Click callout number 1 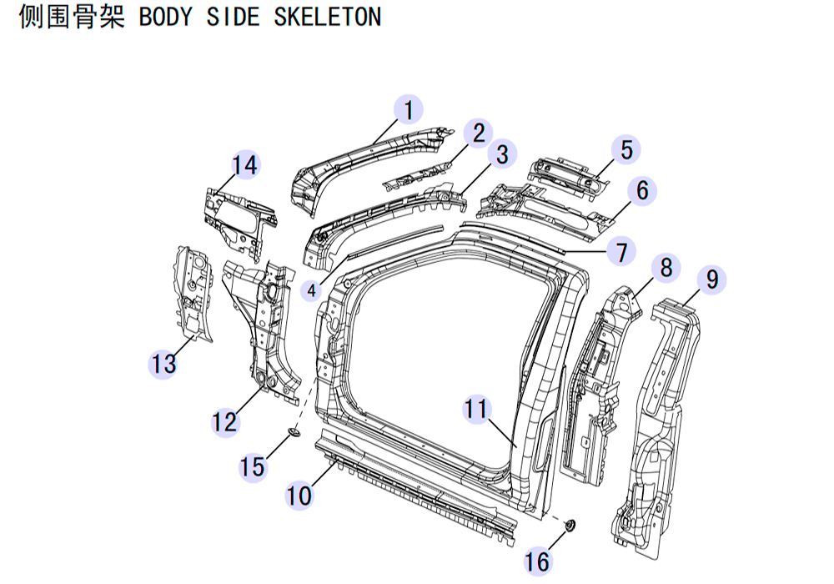(409, 110)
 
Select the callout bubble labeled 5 (626, 149)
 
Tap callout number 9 (711, 279)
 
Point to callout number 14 (245, 165)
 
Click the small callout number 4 (312, 290)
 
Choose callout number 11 (476, 409)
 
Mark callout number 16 (536, 561)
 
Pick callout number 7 (621, 251)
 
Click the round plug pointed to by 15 (294, 432)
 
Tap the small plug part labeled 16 (570, 526)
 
